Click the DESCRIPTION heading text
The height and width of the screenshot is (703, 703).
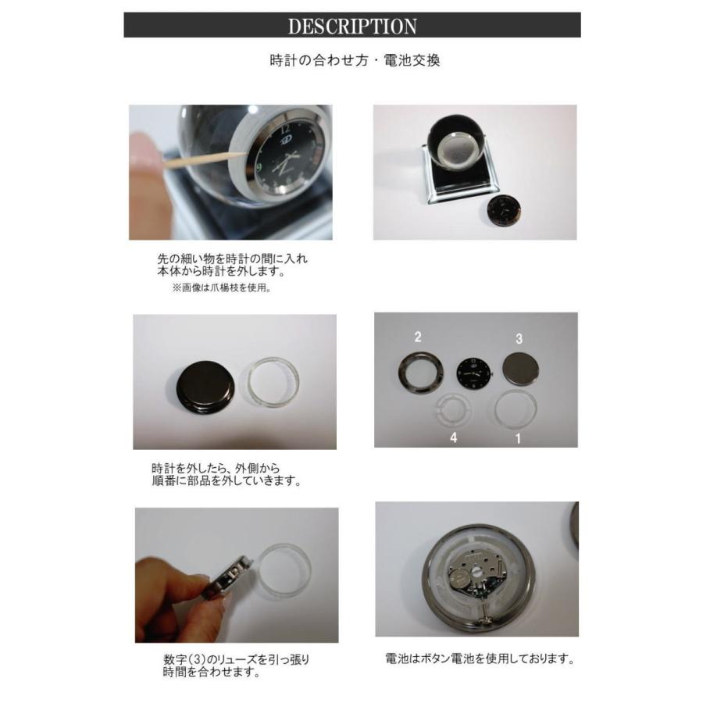point(352,26)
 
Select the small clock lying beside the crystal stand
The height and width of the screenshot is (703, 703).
point(502,209)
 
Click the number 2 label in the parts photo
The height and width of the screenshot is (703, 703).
point(419,337)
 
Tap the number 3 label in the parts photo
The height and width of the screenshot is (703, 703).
point(518,339)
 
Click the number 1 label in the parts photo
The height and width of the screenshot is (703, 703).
point(516,438)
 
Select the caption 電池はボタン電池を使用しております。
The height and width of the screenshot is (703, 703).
point(480,658)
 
